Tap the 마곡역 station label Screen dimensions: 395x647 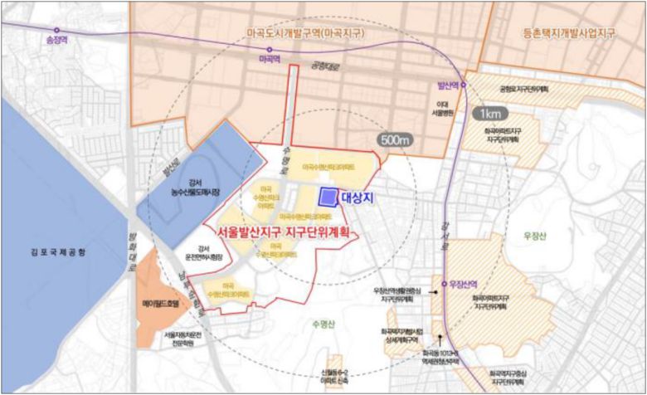tap(269, 61)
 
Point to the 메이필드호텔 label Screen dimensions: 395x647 tap(161, 305)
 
